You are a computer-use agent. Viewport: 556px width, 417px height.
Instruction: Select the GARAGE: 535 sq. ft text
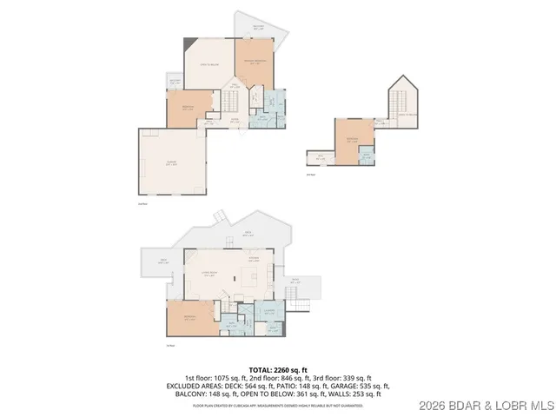[360, 386]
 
